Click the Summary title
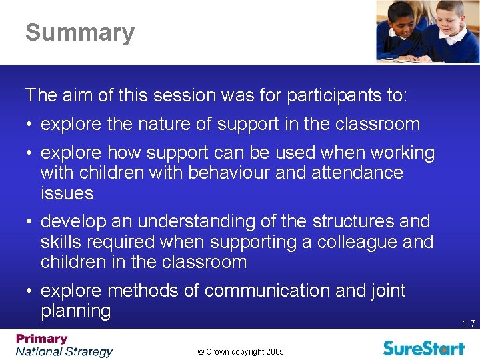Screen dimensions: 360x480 (80, 33)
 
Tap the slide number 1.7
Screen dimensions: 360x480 (468, 323)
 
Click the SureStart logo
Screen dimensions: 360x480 (424, 347)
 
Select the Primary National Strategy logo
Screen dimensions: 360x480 (64, 345)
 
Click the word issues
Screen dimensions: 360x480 (67, 193)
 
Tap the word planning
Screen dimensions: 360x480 (75, 311)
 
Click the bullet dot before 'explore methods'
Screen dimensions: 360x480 (31, 291)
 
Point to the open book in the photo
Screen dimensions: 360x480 (407, 59)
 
